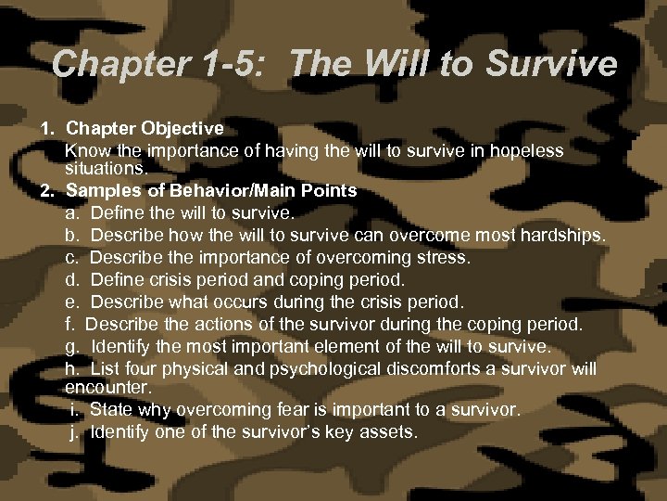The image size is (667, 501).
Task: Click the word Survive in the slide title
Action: (x=551, y=64)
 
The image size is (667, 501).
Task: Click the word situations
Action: (x=106, y=169)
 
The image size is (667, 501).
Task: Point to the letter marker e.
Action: (x=71, y=302)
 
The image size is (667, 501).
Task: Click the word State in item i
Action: (x=110, y=409)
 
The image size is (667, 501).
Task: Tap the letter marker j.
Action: (x=73, y=431)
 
